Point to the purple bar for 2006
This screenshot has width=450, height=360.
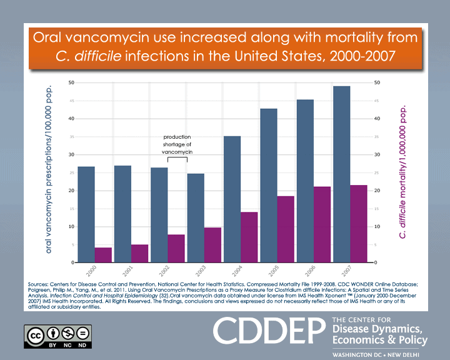tap(322, 224)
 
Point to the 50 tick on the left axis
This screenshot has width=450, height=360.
tap(72, 82)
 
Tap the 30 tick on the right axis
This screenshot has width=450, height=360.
tap(376, 154)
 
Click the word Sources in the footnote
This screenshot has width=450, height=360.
tap(40, 284)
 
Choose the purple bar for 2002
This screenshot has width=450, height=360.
tap(176, 248)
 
